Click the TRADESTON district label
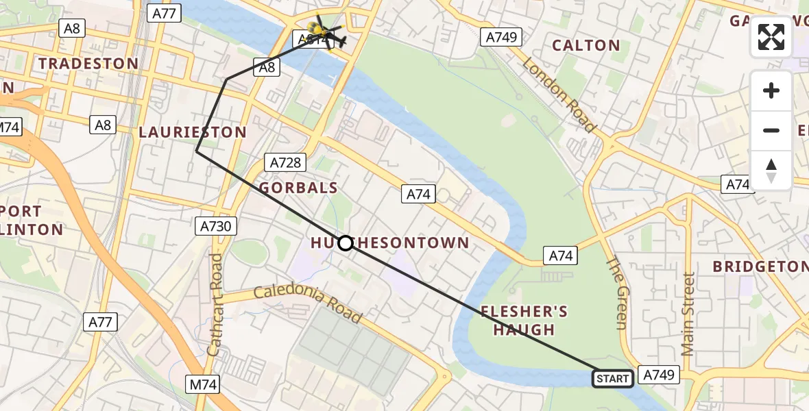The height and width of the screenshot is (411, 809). coord(88,64)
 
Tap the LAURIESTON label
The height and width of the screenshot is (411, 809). coord(193,132)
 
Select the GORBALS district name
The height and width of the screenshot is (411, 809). coord(298,188)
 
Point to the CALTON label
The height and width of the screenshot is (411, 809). coord(586,46)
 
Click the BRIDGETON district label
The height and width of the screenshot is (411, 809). coord(760,266)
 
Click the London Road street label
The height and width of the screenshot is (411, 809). coord(559,95)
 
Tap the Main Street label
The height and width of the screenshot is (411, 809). coord(688,314)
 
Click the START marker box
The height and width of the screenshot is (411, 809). coord(612,378)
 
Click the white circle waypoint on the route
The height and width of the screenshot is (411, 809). coord(346,243)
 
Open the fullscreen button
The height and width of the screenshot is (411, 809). coord(771,37)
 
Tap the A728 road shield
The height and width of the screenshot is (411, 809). coord(285,162)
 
